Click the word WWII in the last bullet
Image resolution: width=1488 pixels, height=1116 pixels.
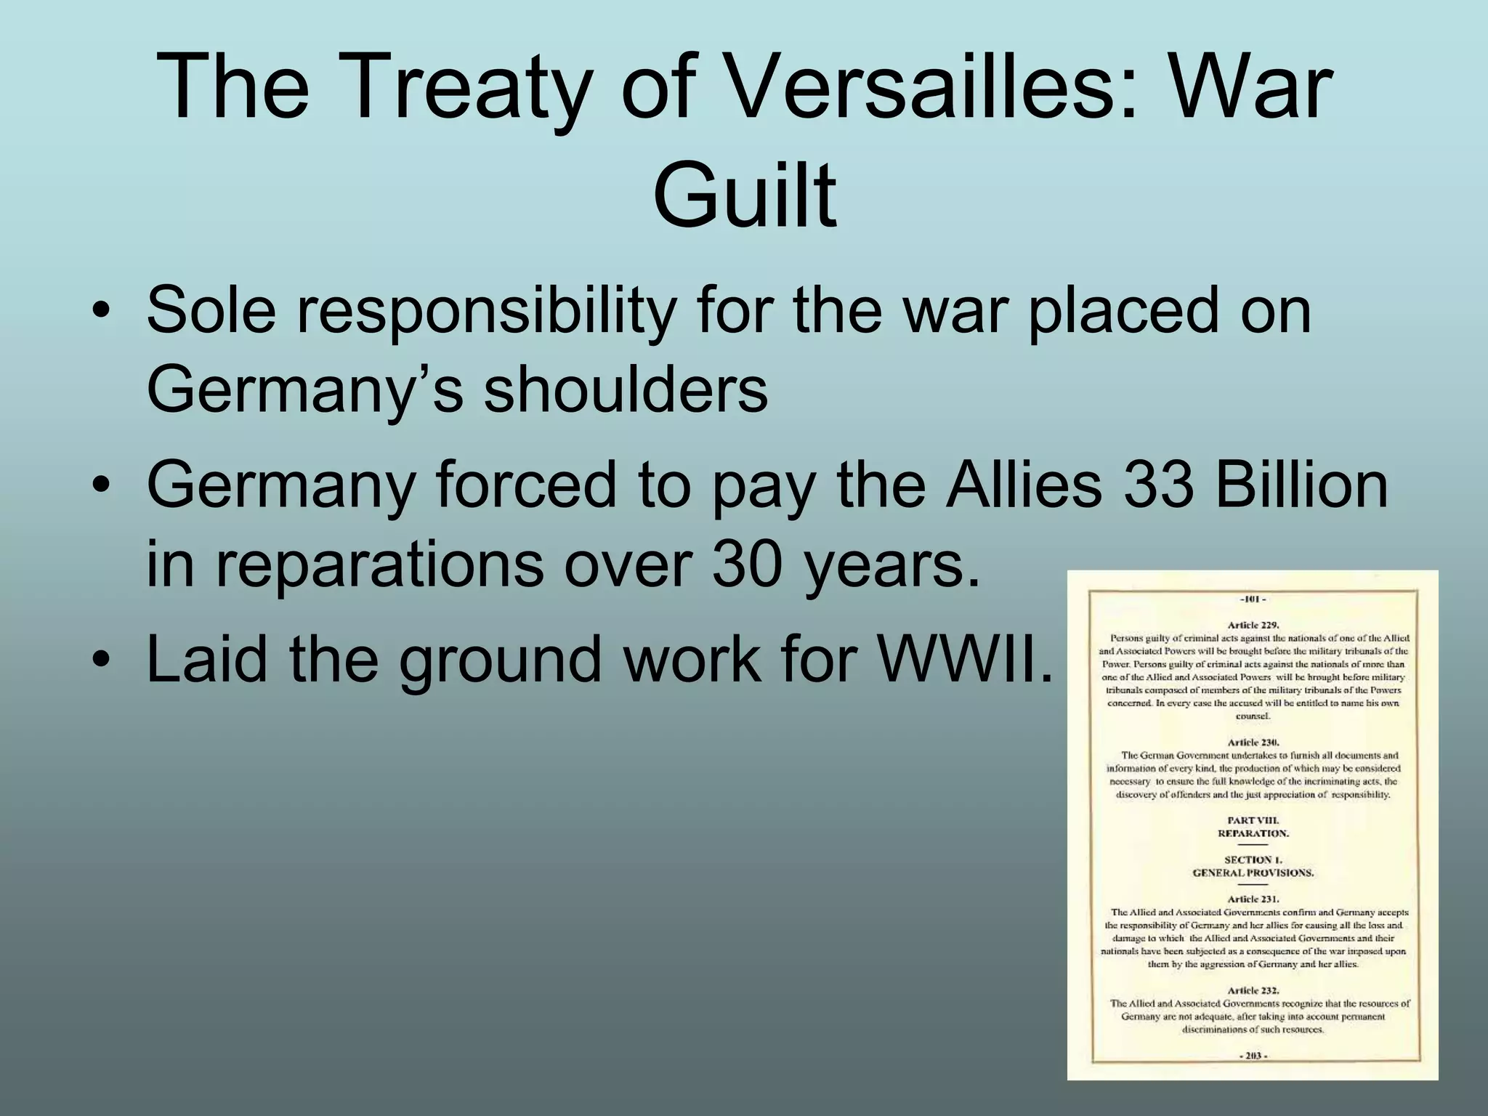click(966, 659)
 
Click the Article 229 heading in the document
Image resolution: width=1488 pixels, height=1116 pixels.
click(1253, 624)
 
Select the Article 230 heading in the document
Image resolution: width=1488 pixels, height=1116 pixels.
click(1253, 742)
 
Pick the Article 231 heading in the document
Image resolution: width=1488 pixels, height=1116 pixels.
click(1253, 899)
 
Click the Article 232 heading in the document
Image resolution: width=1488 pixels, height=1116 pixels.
click(1253, 990)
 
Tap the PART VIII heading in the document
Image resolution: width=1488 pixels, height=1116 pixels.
click(1253, 820)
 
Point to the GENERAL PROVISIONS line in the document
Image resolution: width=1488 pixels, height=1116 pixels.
click(1253, 873)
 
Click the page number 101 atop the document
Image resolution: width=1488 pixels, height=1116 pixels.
click(1253, 599)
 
